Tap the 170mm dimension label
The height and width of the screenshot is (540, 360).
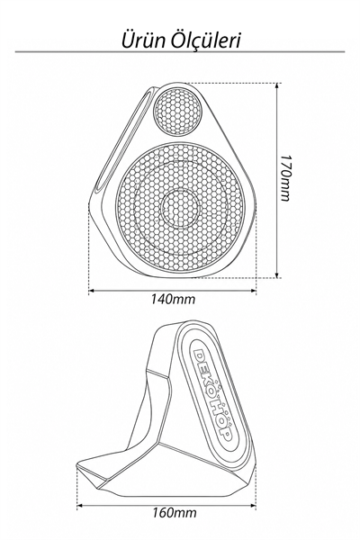[284, 177]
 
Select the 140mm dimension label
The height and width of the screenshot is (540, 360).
[173, 300]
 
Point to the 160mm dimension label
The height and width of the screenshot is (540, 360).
[175, 513]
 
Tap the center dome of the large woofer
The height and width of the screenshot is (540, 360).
[180, 209]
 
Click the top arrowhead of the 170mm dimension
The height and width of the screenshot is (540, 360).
[276, 85]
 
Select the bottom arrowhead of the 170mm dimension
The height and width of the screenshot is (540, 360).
[276, 274]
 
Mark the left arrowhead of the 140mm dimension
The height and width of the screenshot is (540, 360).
[92, 292]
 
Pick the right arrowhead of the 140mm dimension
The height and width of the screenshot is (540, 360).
[254, 292]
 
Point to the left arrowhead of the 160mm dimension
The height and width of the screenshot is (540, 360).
[79, 506]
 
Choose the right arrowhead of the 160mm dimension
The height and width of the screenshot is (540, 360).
[253, 506]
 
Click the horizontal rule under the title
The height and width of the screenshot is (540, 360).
[179, 52]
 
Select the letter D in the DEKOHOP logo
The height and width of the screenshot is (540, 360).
[200, 355]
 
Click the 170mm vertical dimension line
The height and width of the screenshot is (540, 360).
[276, 181]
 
